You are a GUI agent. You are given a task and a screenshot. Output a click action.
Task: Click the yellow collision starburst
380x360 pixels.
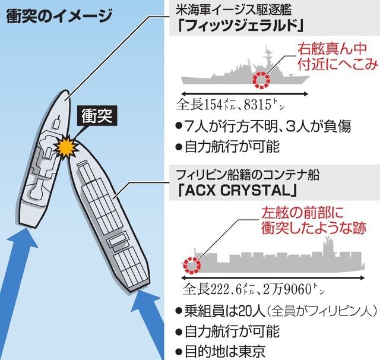(x=66, y=146)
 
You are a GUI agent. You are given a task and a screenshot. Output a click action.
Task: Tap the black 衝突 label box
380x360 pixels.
(x=97, y=116)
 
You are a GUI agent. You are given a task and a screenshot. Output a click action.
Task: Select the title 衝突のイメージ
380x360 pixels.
(x=59, y=17)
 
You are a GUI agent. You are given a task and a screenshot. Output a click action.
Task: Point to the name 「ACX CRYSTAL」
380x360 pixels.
(x=237, y=191)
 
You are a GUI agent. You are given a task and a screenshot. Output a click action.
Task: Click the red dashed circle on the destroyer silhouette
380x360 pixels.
(x=261, y=80)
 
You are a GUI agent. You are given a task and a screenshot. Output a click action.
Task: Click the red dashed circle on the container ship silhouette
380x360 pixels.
(x=192, y=266)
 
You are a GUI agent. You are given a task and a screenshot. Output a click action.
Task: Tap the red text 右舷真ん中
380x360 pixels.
(x=332, y=49)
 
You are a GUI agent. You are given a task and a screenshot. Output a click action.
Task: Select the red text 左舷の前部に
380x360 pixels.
(x=303, y=213)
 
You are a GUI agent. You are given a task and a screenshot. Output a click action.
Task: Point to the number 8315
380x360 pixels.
(x=257, y=105)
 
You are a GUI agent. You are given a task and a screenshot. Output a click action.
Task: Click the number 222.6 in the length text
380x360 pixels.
(x=226, y=289)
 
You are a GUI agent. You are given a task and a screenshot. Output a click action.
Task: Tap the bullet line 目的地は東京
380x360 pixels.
(x=220, y=351)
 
